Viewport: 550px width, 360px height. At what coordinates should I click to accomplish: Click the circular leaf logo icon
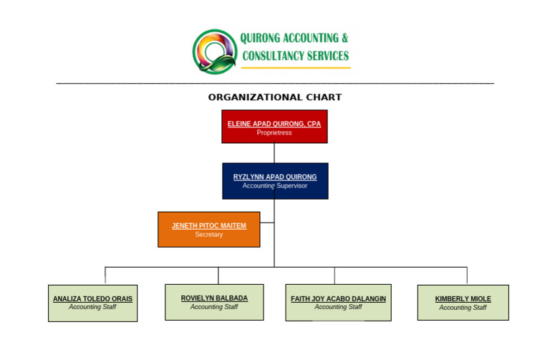[x=214, y=51]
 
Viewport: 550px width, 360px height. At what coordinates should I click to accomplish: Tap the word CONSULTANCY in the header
[x=271, y=56]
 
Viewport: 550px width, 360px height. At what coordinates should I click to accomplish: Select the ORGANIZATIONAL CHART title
[x=275, y=97]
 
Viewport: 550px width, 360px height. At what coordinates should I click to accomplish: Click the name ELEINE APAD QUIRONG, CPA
[x=274, y=124]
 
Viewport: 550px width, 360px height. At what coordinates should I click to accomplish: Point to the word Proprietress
[x=274, y=133]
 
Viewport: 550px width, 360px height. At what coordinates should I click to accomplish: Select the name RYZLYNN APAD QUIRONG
[x=275, y=177]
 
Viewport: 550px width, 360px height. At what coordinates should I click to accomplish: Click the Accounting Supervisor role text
[x=275, y=186]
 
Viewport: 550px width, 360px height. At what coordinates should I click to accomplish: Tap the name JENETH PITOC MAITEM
[x=208, y=225]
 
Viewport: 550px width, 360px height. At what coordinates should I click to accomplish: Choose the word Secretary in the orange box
[x=208, y=235]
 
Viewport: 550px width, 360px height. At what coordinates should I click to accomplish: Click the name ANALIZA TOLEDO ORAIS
[x=92, y=299]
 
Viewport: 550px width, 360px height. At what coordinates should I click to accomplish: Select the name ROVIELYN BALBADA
[x=214, y=298]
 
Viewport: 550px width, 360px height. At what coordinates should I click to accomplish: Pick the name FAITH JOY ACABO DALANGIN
[x=338, y=298]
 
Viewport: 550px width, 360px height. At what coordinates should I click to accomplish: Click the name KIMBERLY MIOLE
[x=463, y=299]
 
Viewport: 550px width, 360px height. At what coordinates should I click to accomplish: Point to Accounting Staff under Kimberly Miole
[x=463, y=308]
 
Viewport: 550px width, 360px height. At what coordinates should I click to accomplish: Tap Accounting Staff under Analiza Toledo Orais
[x=92, y=307]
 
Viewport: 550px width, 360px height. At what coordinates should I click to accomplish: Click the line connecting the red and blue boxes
[x=274, y=153]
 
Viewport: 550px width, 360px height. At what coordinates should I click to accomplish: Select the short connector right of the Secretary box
[x=266, y=223]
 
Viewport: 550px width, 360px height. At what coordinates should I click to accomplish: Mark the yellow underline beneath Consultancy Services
[x=295, y=68]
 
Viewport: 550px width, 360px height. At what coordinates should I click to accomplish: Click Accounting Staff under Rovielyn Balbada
[x=214, y=307]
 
